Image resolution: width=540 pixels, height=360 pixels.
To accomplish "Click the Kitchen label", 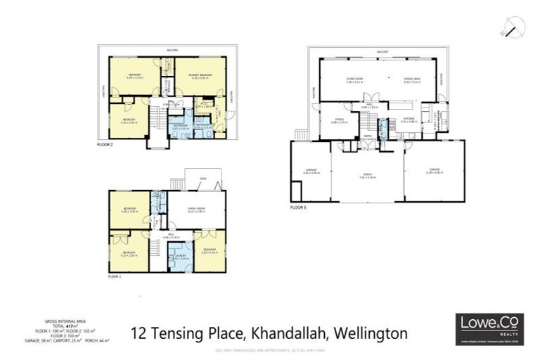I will point(409,119).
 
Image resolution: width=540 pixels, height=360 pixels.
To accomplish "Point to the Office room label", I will point(339,120).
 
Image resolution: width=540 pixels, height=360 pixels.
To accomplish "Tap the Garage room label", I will point(434,169).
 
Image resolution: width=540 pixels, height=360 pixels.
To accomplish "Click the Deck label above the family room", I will point(202,179).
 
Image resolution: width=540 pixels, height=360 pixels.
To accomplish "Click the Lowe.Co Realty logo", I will point(484,328).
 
